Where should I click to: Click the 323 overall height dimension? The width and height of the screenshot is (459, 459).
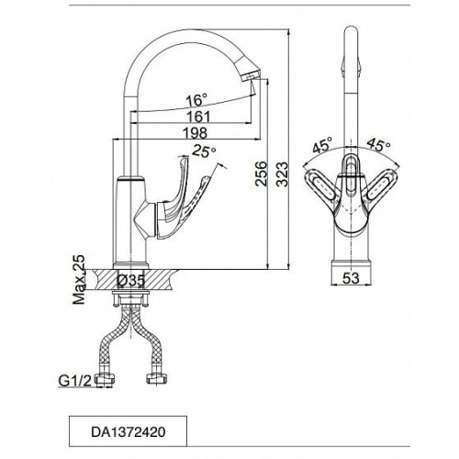(x=282, y=174)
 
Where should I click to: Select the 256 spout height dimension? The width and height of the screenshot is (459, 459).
(x=261, y=174)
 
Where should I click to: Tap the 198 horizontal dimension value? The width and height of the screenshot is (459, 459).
(x=195, y=133)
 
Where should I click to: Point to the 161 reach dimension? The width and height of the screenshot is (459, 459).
(x=198, y=117)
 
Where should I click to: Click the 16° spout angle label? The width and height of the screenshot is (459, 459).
(x=196, y=100)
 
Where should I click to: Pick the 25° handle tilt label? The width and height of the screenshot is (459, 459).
(x=204, y=151)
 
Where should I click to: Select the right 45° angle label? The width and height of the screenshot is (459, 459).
(x=378, y=145)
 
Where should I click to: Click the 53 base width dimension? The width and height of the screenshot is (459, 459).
(x=351, y=278)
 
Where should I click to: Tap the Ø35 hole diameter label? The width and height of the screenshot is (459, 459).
(x=131, y=281)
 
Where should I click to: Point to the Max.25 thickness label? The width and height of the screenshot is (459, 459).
(x=79, y=279)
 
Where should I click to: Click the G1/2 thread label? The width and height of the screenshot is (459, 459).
(x=75, y=381)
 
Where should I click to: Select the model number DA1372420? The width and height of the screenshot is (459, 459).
(x=129, y=431)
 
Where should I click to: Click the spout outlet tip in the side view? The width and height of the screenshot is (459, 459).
(x=251, y=74)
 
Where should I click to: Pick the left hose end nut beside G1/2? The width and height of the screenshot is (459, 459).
(x=105, y=380)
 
